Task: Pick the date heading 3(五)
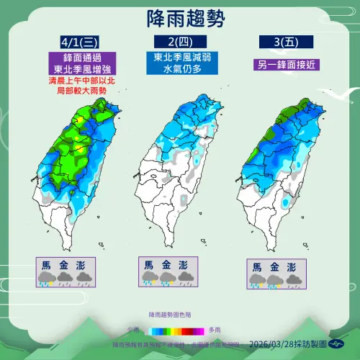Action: click(x=277, y=41)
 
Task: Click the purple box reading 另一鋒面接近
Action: click(x=277, y=64)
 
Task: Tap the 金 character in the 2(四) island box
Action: click(x=166, y=264)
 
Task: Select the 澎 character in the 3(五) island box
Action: click(x=290, y=266)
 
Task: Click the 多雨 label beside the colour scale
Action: click(x=226, y=331)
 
